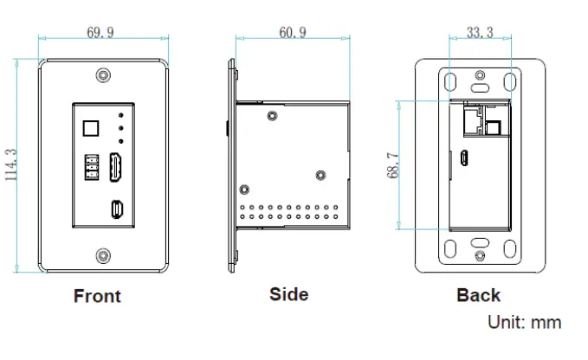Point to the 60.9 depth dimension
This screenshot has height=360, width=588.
click(293, 33)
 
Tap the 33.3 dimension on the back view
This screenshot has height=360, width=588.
click(480, 33)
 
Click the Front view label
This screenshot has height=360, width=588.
click(97, 296)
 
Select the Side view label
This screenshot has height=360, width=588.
click(288, 294)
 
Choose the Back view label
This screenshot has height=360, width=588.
click(478, 295)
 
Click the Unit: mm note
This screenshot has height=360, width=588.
click(525, 323)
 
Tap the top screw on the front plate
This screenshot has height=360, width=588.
click(103, 76)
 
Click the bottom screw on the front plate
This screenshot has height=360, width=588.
click(103, 254)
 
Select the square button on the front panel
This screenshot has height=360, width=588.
click(90, 128)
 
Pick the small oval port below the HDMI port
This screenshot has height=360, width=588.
click(116, 209)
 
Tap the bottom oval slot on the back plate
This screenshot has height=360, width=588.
click(480, 243)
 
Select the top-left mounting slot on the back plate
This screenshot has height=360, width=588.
click(450, 81)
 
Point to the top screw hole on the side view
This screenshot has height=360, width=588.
click(274, 114)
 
